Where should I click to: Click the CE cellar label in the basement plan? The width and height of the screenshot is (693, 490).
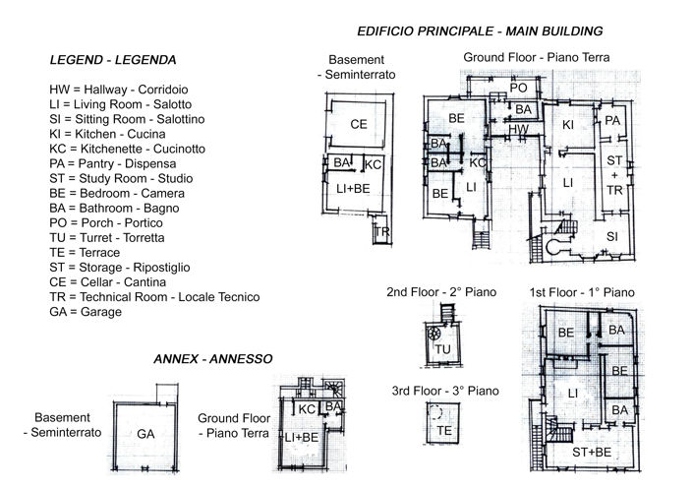(x=359, y=124)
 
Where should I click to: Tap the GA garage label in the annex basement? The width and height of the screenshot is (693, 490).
(x=145, y=433)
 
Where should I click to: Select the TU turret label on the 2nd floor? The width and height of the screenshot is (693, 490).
(x=442, y=348)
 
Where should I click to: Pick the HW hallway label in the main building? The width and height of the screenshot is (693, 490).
(x=520, y=129)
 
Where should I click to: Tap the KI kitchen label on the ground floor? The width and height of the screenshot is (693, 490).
(x=567, y=125)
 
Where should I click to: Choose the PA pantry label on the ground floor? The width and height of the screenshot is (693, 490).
(x=612, y=121)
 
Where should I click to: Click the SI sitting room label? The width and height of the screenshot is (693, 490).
(x=611, y=236)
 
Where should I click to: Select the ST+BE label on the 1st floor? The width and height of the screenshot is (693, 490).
(x=594, y=452)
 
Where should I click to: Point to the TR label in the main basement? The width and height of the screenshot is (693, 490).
(x=382, y=233)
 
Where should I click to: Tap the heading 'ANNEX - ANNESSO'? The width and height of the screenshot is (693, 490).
(x=213, y=359)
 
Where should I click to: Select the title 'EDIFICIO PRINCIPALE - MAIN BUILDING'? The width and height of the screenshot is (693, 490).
(x=480, y=31)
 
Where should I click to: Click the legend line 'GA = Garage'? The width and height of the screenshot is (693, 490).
(x=85, y=312)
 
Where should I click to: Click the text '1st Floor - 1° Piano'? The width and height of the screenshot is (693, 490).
(x=582, y=293)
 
